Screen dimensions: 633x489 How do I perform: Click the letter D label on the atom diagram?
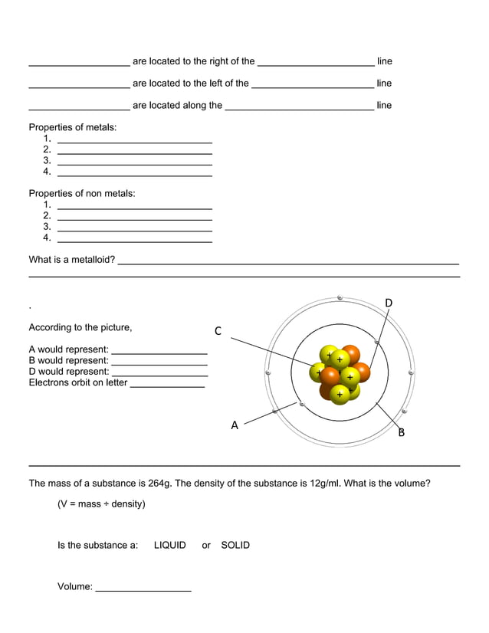pyautogui.click(x=389, y=303)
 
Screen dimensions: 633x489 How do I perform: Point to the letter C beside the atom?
pyautogui.click(x=218, y=331)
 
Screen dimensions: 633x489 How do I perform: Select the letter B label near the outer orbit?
pyautogui.click(x=401, y=433)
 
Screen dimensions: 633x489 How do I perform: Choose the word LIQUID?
pyautogui.click(x=169, y=546)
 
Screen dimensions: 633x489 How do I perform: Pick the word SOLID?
pyautogui.click(x=235, y=546)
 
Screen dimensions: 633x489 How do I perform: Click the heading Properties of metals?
pyautogui.click(x=73, y=127)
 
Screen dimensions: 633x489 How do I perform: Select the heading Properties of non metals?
pyautogui.click(x=82, y=193)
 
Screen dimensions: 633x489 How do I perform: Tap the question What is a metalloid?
pyautogui.click(x=72, y=260)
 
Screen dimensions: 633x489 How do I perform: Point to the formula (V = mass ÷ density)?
pyautogui.click(x=101, y=504)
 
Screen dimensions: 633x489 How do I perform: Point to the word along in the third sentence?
pyautogui.click(x=189, y=105)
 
